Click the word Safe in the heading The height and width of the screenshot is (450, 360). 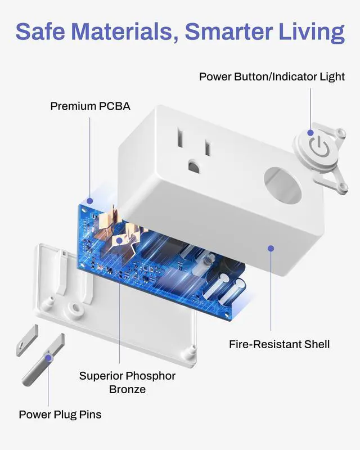point(44,32)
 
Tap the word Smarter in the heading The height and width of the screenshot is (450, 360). point(233,32)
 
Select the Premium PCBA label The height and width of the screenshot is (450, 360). point(90,106)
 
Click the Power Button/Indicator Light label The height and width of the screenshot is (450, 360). point(272,76)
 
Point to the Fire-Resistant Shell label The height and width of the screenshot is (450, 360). point(279,344)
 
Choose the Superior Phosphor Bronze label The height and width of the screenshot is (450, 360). point(127,382)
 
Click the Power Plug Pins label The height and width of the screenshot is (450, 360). point(60,415)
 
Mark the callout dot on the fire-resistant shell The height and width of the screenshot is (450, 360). point(271,247)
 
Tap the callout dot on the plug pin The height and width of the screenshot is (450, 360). point(48,357)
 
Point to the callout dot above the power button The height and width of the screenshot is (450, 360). point(310,133)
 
